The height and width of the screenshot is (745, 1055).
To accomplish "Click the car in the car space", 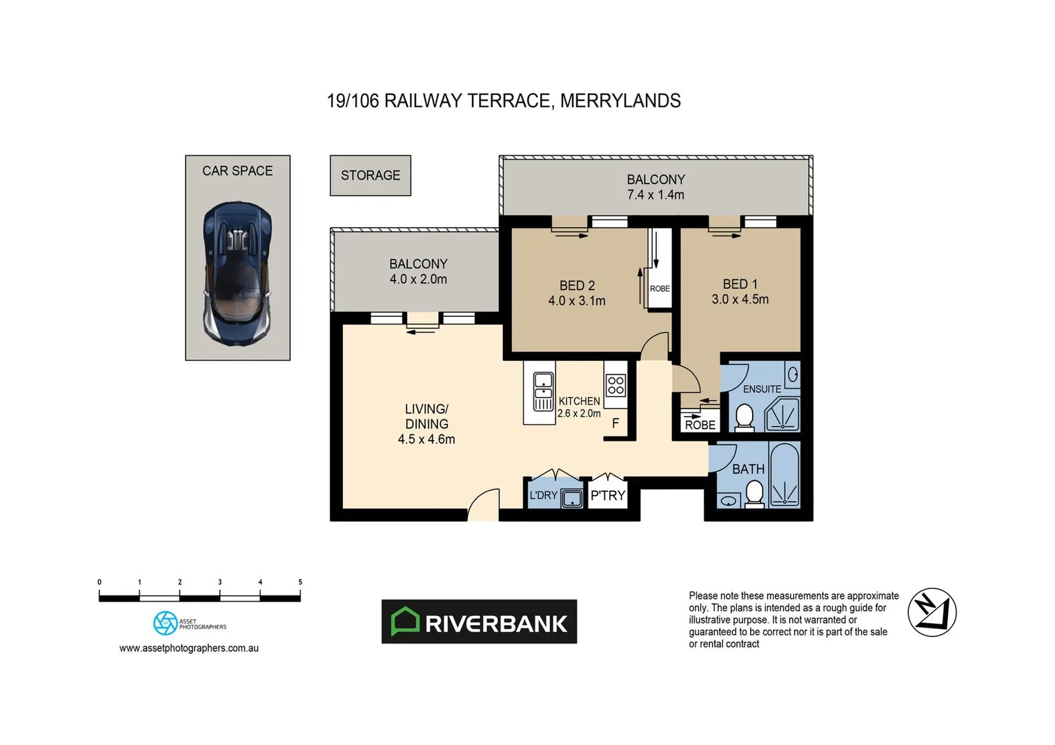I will (237, 270).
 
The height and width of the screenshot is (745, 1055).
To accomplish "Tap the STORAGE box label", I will (371, 175).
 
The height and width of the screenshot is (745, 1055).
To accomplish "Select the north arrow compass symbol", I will (931, 612).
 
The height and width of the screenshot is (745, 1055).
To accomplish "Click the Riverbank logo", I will (479, 622).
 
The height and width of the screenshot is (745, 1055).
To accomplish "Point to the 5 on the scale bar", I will (300, 582).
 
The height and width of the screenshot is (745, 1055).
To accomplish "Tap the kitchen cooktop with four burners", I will (615, 385).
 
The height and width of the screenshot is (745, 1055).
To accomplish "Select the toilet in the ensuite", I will (744, 417).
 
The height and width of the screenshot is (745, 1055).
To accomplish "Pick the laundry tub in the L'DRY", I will (571, 497).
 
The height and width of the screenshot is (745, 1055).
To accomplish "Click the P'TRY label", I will (608, 495).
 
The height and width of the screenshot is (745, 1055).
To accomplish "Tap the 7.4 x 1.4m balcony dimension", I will (655, 195).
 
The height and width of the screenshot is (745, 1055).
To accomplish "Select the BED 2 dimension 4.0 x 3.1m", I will (577, 301).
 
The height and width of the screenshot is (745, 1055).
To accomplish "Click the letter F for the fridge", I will (615, 424).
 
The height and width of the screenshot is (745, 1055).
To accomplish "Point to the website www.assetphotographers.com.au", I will (189, 648).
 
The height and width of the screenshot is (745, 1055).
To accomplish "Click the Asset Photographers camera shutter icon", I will (165, 623).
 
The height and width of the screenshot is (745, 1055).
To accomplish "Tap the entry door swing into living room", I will (484, 505).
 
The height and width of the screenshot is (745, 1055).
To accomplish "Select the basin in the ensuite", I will (793, 375).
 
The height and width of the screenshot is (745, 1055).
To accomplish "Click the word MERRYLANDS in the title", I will (620, 101).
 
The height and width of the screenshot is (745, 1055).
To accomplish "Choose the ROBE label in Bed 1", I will (700, 425).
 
